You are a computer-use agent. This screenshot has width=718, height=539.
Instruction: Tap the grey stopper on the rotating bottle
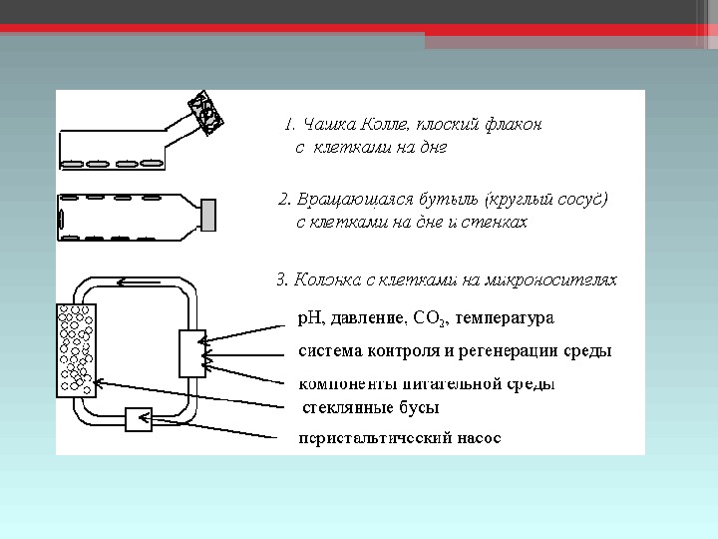click(x=208, y=214)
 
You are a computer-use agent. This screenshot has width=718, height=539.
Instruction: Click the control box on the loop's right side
click(x=191, y=353)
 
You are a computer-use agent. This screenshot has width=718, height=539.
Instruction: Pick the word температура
click(x=504, y=318)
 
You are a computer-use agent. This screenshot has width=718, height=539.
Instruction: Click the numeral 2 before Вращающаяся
click(x=282, y=200)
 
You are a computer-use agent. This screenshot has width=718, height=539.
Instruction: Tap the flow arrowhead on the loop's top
click(x=122, y=280)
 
